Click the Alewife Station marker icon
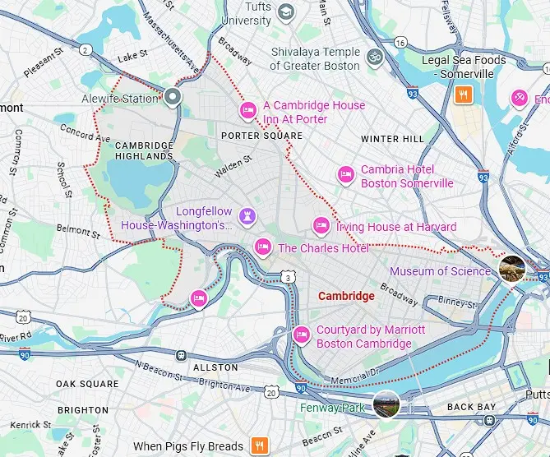click(x=173, y=98)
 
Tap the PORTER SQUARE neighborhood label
click(x=262, y=136)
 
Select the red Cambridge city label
click(x=346, y=296)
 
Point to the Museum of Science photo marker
click(x=512, y=268)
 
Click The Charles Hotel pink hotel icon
click(x=263, y=246)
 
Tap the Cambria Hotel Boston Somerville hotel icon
click(x=346, y=174)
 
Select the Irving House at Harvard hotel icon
click(x=321, y=225)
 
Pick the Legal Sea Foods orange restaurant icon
click(x=464, y=95)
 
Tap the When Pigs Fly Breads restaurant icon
click(x=259, y=446)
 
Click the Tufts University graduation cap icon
click(x=285, y=12)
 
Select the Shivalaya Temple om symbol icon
click(x=374, y=58)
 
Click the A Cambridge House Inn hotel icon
click(x=247, y=110)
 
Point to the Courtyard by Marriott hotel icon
click(x=302, y=334)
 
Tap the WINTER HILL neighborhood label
click(x=392, y=139)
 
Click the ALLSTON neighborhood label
click(x=215, y=367)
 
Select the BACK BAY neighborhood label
click(x=471, y=407)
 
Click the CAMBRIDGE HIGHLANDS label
click(x=144, y=150)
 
